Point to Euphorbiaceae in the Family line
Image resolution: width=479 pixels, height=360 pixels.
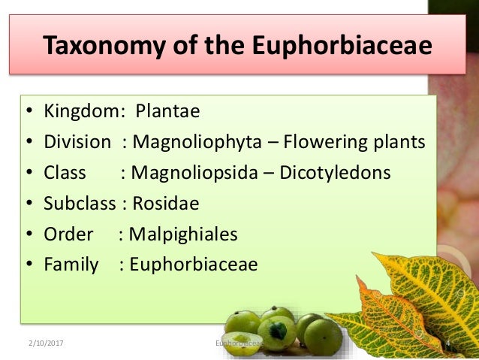[193, 265]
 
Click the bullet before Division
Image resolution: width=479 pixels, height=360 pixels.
[28, 143]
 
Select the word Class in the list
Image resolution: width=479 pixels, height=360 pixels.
[65, 173]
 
